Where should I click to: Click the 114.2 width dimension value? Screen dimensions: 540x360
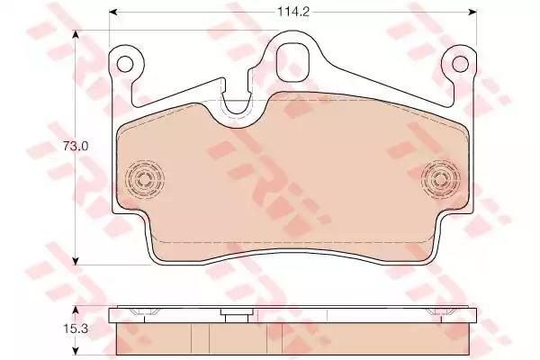[293, 12]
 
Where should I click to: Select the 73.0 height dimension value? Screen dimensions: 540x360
[76, 147]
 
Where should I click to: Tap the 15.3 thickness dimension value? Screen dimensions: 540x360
[76, 328]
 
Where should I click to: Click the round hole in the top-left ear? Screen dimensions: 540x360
[125, 64]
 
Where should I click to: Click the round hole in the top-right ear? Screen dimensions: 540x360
[461, 64]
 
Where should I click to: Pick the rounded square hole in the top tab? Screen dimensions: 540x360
[293, 61]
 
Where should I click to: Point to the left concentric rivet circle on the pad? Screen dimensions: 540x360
[144, 179]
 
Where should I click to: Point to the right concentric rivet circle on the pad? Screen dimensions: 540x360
[441, 179]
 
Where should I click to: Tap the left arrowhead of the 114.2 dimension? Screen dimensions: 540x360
[114, 12]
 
